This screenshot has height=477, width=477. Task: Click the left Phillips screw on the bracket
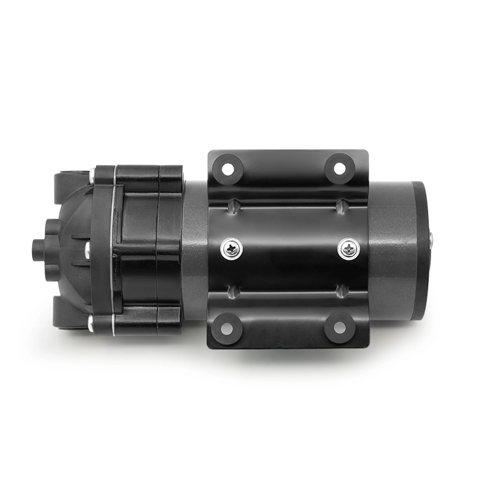click(231, 248)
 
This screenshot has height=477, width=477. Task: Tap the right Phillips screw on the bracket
click(348, 248)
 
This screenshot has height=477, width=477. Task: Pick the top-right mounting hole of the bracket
click(339, 168)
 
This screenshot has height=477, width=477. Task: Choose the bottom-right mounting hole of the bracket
click(339, 327)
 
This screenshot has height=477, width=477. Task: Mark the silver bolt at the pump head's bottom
click(91, 324)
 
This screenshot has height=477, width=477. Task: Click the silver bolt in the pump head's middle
click(88, 249)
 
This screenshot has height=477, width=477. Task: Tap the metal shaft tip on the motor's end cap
click(430, 240)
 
